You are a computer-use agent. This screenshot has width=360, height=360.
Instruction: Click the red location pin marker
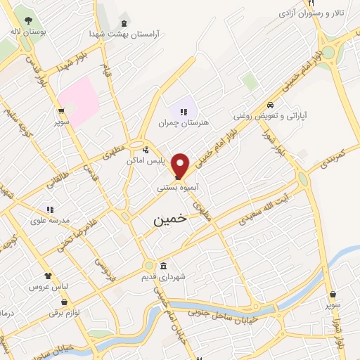181,165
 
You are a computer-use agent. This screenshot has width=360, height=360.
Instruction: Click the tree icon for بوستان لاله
27,20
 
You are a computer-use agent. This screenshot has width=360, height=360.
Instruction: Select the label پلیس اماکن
150,161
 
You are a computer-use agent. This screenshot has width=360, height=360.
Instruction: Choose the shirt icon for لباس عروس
48,276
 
